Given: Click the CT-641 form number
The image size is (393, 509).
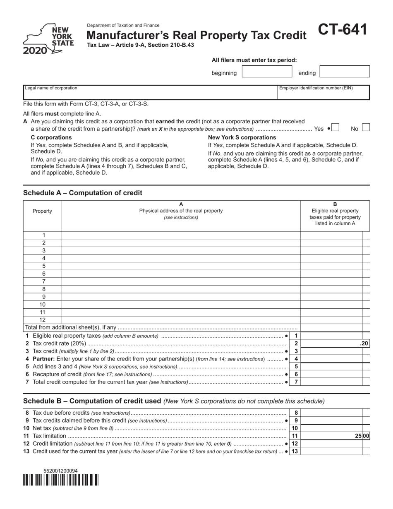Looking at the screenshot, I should coord(342,30).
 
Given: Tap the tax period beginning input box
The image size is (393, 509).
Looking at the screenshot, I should coord(267,72).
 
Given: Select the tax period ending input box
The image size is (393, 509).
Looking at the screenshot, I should coord(345,72).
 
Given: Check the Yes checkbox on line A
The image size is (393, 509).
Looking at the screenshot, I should coord(335,128).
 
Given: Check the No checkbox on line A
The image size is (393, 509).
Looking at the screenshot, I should coord(366,128).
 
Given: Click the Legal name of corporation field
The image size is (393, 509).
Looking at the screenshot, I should coord(150,93).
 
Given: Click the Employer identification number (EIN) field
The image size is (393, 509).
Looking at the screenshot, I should coord(323,93).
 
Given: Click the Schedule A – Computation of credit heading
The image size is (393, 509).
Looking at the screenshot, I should coord(83,193).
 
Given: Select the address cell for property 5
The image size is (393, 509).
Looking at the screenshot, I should coord(181,266).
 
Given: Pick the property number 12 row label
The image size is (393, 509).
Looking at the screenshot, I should coord(43,320).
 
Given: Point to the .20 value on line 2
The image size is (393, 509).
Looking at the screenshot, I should coord(364,343).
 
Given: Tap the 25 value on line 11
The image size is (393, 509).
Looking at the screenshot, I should coord(358,436).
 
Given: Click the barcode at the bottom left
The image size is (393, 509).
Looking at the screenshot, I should coord(61,480).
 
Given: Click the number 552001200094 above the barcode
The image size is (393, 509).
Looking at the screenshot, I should coord(60,471).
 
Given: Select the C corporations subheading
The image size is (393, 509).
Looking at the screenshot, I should coord(51,137).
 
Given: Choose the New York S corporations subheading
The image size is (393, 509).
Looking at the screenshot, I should coord(242,137).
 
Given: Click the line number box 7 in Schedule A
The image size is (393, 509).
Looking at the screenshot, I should coord(296,382).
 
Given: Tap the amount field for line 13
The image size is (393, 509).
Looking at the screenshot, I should coord(333,451).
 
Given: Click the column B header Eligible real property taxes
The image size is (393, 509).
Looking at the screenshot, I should coord(335,214).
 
